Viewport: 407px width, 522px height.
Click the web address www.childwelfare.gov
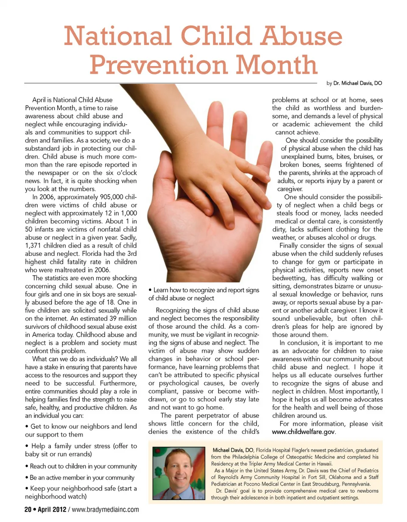pos(304,432)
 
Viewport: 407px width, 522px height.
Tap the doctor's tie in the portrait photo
pos(175,496)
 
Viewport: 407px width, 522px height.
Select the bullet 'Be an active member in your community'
pos(80,478)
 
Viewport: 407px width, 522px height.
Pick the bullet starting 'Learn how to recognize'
pos(203,294)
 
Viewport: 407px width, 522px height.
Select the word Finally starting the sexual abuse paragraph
pos(291,246)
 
